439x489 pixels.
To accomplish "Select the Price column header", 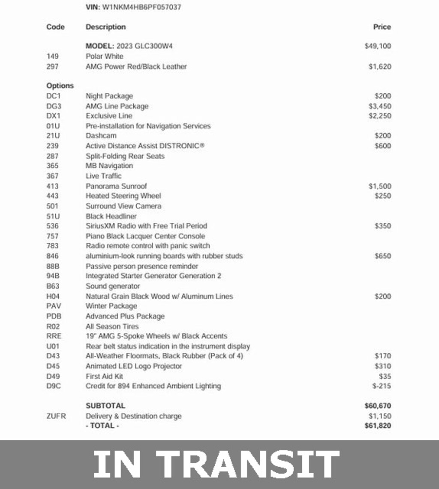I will pos(382,27).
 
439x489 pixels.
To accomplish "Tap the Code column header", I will pos(55,27).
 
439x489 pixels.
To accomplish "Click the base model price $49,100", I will pos(378,46).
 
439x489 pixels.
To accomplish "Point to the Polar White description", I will pos(104,56).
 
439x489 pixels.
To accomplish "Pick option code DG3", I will pos(54,106).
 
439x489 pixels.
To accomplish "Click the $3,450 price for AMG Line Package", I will pos(379,106).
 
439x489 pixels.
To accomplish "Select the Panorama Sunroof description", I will pos(116,186).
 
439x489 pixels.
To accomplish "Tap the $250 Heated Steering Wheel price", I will pos(382,196).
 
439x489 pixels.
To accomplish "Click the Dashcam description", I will pos(101,136).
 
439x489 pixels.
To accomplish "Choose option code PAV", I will pos(54,306).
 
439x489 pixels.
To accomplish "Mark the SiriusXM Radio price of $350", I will pos(382,226).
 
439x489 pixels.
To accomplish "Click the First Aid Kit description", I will pos(104,376).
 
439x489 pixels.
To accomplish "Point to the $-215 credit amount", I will pos(382,386).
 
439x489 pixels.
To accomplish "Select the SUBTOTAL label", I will pos(105,406).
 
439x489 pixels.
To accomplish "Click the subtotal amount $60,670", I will pos(378,406).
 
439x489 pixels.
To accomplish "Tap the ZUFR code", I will pos(56,416).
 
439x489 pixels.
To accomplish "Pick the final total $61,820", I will pos(378,426).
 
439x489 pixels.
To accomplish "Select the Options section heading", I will pos(60,86).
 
